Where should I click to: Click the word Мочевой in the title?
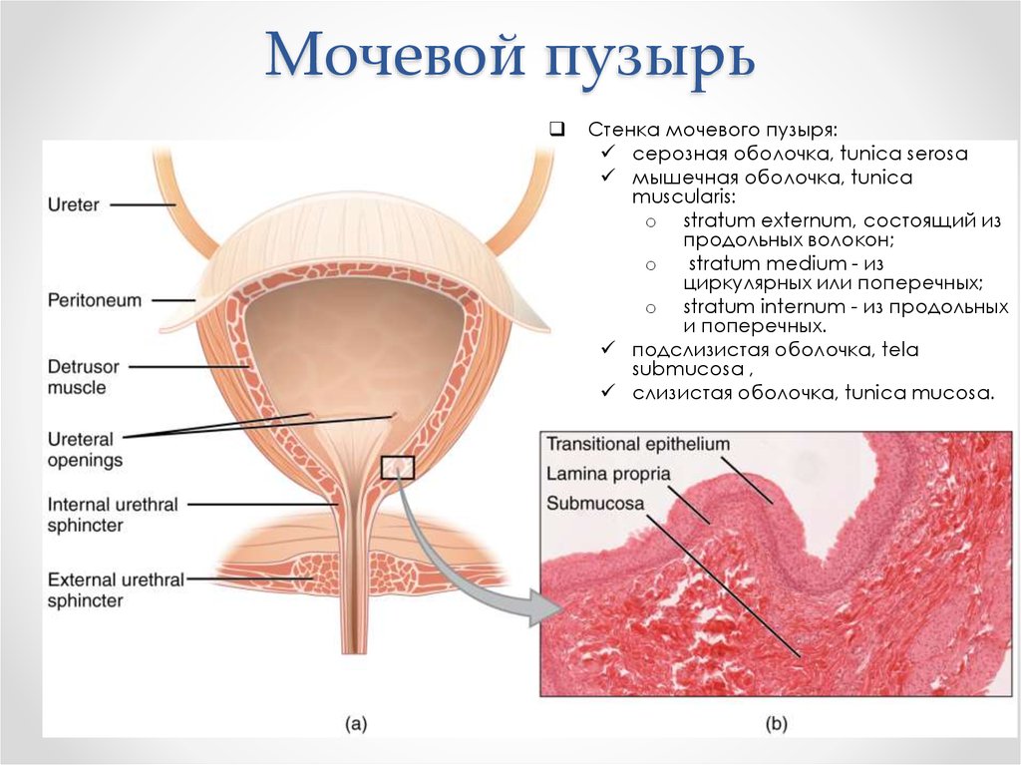coord(395,54)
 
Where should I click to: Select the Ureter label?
coord(74,204)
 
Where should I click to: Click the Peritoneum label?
coord(95,300)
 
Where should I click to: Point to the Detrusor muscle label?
coord(84,377)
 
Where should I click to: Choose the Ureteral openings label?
coord(85,449)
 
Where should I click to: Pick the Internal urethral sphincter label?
coord(113,515)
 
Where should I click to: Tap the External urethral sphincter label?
coord(116,589)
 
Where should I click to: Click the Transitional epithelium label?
coord(637,445)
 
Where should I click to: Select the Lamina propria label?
coord(608,474)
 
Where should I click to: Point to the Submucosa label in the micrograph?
coord(595,503)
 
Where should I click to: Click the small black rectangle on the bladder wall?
coord(397,467)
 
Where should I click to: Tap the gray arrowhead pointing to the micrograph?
coord(547,608)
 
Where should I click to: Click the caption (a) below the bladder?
coord(356,723)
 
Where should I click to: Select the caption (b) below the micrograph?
coord(776,723)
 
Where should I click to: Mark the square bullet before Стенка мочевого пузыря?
coord(556,129)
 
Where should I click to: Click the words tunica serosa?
coord(903,154)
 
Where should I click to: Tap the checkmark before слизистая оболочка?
coord(608,390)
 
